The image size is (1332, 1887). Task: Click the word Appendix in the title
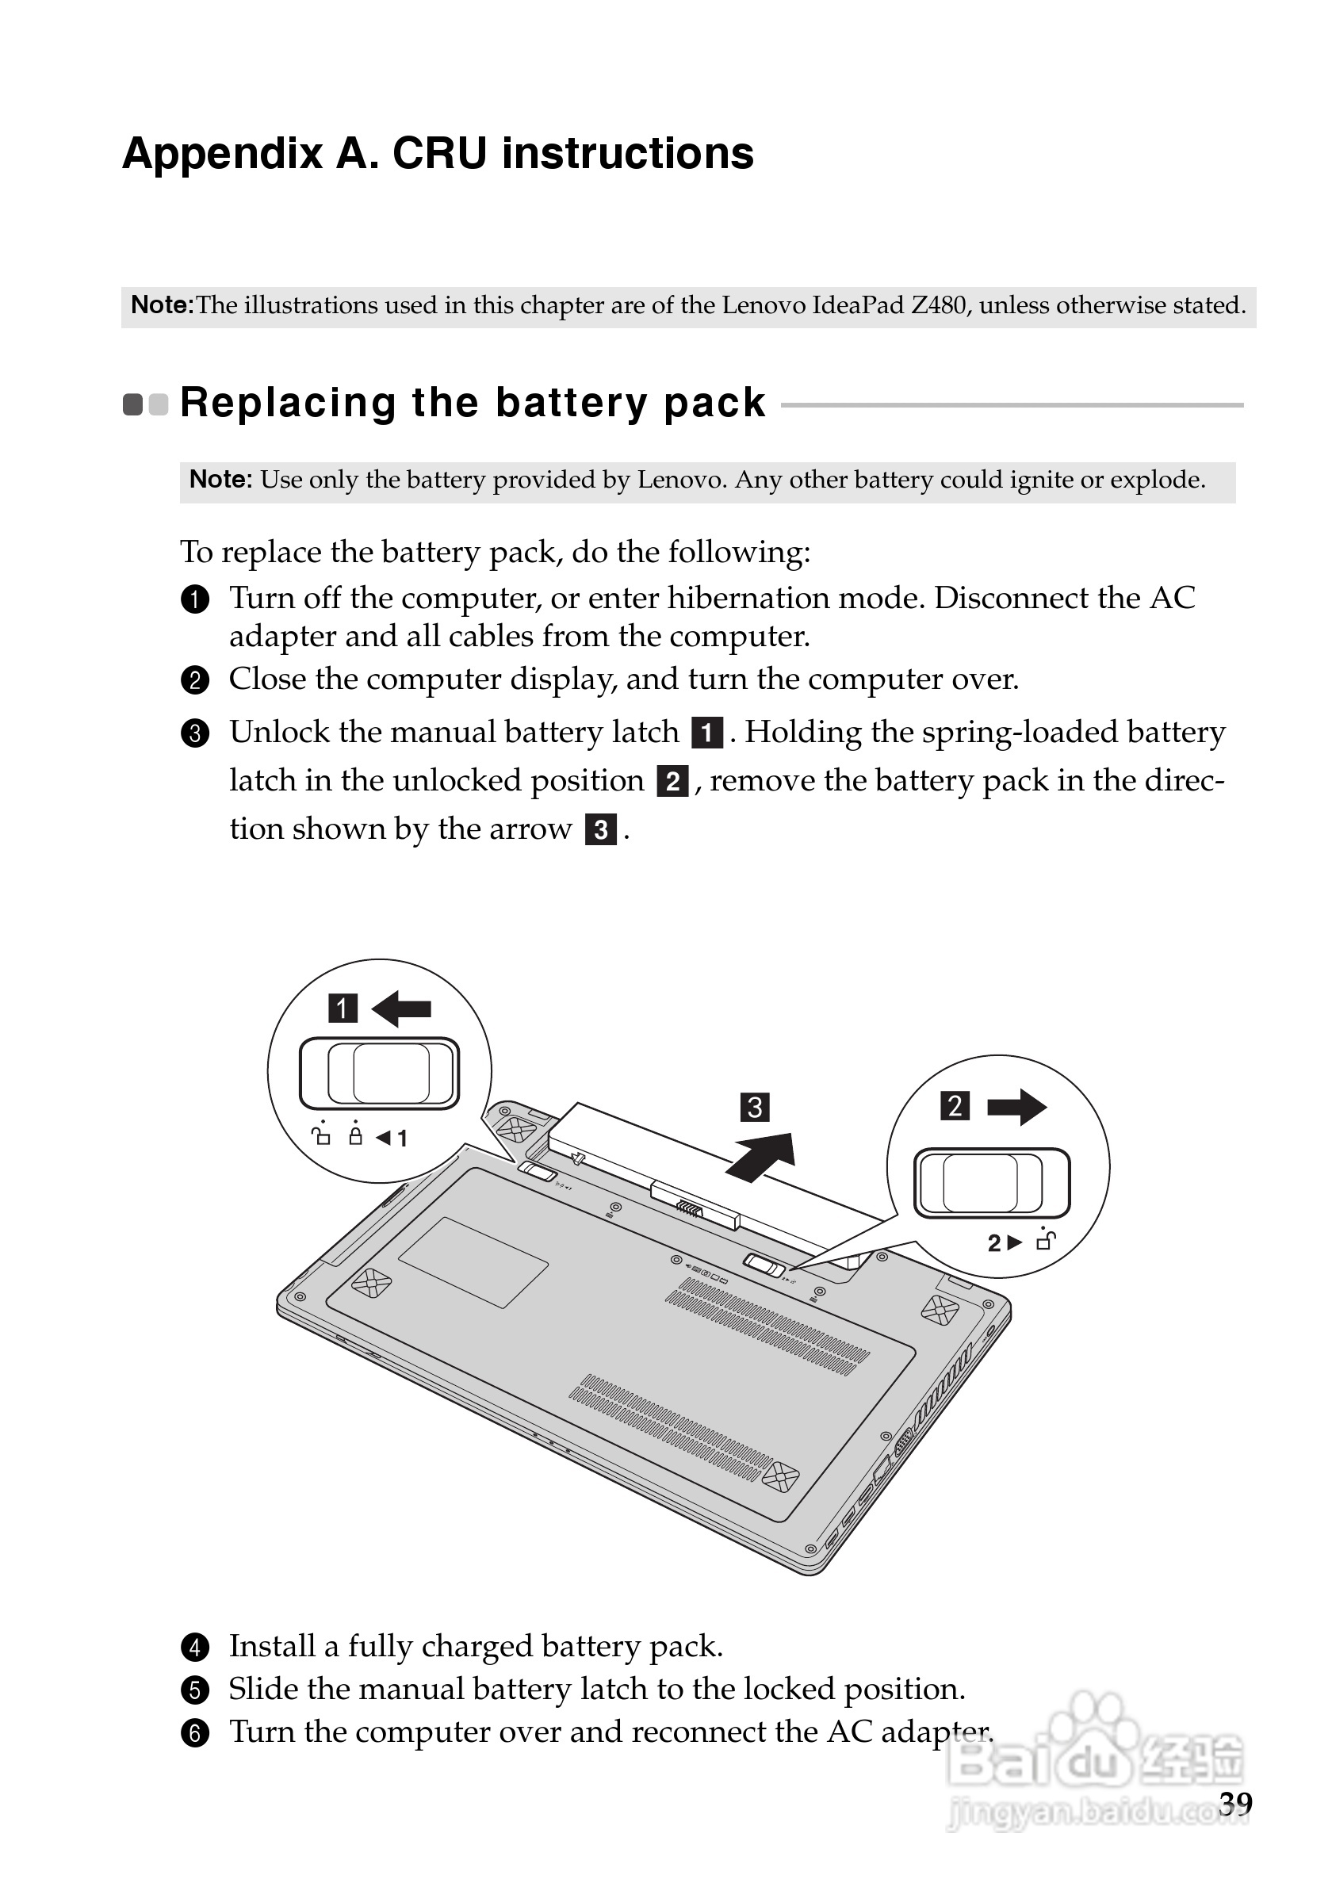[x=221, y=154]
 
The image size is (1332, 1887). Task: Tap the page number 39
[x=1234, y=1802]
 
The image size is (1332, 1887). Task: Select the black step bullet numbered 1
[x=195, y=599]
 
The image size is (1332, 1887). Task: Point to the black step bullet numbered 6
[x=195, y=1733]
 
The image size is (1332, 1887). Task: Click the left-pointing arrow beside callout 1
[x=401, y=1008]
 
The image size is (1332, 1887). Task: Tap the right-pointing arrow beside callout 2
[x=1016, y=1106]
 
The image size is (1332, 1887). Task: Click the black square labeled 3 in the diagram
[x=754, y=1107]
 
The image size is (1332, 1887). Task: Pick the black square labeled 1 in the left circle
[x=343, y=1008]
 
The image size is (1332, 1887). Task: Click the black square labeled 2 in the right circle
[x=954, y=1105]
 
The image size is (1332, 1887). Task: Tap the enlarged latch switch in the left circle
[x=379, y=1074]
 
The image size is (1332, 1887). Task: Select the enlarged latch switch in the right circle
[x=992, y=1184]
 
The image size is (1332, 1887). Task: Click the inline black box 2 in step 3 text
[x=672, y=781]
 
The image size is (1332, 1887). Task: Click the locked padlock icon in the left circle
[x=355, y=1137]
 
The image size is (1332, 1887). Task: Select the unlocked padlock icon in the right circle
[x=1045, y=1241]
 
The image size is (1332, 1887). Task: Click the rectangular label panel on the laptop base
[x=473, y=1262]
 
